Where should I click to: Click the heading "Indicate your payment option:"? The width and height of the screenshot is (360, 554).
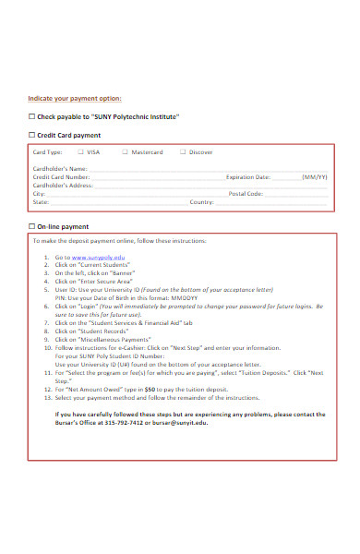(x=75, y=99)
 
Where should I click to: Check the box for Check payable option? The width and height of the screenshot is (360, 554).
(x=31, y=117)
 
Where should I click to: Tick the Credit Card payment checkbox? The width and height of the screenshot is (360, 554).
(x=31, y=135)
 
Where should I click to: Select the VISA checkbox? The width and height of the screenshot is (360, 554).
(x=80, y=151)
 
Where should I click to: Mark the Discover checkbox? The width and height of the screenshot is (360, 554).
(x=182, y=151)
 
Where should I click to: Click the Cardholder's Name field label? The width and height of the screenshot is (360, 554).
(x=60, y=168)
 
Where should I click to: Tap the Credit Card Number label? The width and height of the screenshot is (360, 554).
(x=62, y=176)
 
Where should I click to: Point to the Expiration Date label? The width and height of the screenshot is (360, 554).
(x=248, y=176)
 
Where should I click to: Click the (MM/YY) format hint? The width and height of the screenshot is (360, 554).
(x=314, y=176)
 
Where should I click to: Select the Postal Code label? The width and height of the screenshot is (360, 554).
(x=246, y=194)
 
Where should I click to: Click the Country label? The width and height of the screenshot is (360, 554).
(x=202, y=202)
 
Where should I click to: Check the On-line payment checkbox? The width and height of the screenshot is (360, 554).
(x=31, y=226)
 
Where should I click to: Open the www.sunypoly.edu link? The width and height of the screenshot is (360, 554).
(x=98, y=257)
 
